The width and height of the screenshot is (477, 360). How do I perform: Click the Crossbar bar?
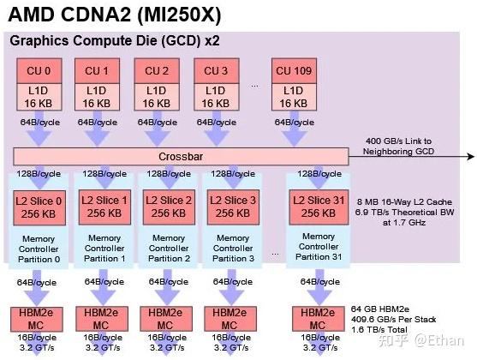pos(181,157)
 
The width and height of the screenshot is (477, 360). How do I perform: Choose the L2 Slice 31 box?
pos(319,206)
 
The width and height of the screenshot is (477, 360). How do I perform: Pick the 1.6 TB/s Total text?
pos(383,330)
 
